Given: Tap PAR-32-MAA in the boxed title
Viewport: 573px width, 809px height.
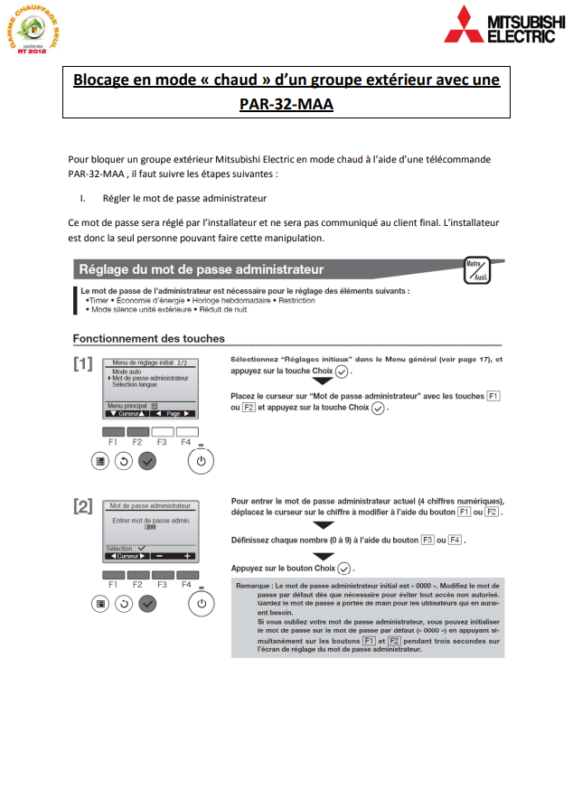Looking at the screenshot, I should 286,104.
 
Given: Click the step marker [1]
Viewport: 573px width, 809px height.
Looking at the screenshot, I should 83,364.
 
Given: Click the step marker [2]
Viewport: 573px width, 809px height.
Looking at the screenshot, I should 83,507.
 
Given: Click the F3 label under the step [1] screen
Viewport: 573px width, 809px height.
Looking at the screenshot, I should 162,442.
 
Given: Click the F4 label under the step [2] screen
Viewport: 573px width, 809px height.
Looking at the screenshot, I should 186,585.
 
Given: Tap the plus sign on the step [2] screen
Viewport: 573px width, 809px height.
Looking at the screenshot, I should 187,556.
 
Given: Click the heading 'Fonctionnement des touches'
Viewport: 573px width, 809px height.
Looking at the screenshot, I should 148,339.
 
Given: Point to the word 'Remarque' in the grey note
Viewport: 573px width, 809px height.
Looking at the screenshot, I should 255,586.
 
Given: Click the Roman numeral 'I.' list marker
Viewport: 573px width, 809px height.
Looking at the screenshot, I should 82,197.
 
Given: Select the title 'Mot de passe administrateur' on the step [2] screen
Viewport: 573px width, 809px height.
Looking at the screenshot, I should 149,506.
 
